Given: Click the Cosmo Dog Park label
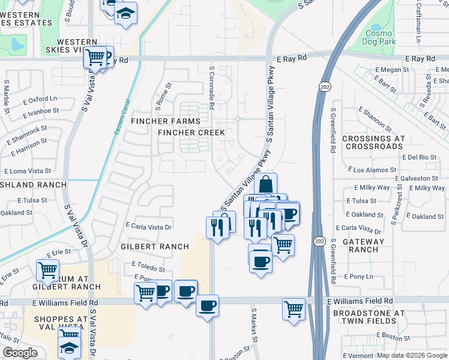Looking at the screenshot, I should pyautogui.click(x=380, y=35).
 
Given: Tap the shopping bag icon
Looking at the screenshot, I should pyautogui.click(x=265, y=184).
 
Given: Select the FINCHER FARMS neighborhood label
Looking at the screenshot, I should pyautogui.click(x=165, y=121).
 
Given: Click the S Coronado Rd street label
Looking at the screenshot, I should pyautogui.click(x=212, y=88).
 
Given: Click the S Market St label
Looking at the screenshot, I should pyautogui.click(x=254, y=324).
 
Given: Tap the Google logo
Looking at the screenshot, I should pyautogui.click(x=20, y=353).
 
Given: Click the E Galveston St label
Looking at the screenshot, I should pyautogui.click(x=417, y=178).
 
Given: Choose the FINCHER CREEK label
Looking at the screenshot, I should pyautogui.click(x=191, y=132).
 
